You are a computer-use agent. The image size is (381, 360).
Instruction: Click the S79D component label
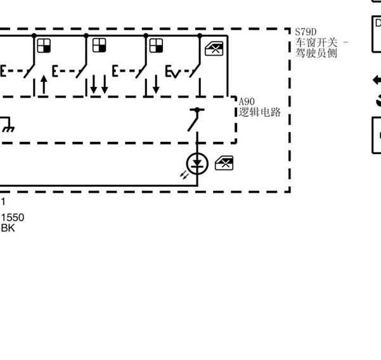click(x=306, y=32)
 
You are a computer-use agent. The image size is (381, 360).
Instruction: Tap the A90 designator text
click(x=247, y=101)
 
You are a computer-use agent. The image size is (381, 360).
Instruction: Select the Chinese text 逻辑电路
click(x=259, y=112)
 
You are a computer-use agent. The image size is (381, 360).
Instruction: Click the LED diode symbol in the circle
click(x=197, y=164)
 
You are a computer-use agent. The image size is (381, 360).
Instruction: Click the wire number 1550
click(x=13, y=217)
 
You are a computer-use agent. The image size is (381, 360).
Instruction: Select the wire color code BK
click(x=8, y=228)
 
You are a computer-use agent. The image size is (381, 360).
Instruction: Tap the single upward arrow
click(x=44, y=84)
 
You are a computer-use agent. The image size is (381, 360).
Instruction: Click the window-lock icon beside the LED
click(x=224, y=163)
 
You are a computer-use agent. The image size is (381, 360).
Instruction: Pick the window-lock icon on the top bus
click(x=214, y=49)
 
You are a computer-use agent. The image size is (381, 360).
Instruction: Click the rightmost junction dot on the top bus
click(x=200, y=36)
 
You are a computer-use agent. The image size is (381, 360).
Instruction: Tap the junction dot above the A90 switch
click(x=197, y=110)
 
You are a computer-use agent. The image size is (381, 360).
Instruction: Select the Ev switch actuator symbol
click(x=173, y=72)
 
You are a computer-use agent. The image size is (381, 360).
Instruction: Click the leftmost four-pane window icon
click(x=44, y=46)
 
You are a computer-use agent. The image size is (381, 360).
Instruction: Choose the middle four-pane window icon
click(x=100, y=46)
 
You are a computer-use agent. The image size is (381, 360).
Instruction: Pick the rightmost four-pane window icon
click(x=156, y=46)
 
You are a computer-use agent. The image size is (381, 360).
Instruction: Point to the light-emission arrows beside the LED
click(x=184, y=175)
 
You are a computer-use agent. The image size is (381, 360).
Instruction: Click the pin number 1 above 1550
click(x=3, y=202)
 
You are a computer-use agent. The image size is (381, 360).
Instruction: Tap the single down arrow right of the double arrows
click(x=156, y=84)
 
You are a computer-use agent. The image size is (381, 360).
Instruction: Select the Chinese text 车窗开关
click(x=316, y=42)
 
